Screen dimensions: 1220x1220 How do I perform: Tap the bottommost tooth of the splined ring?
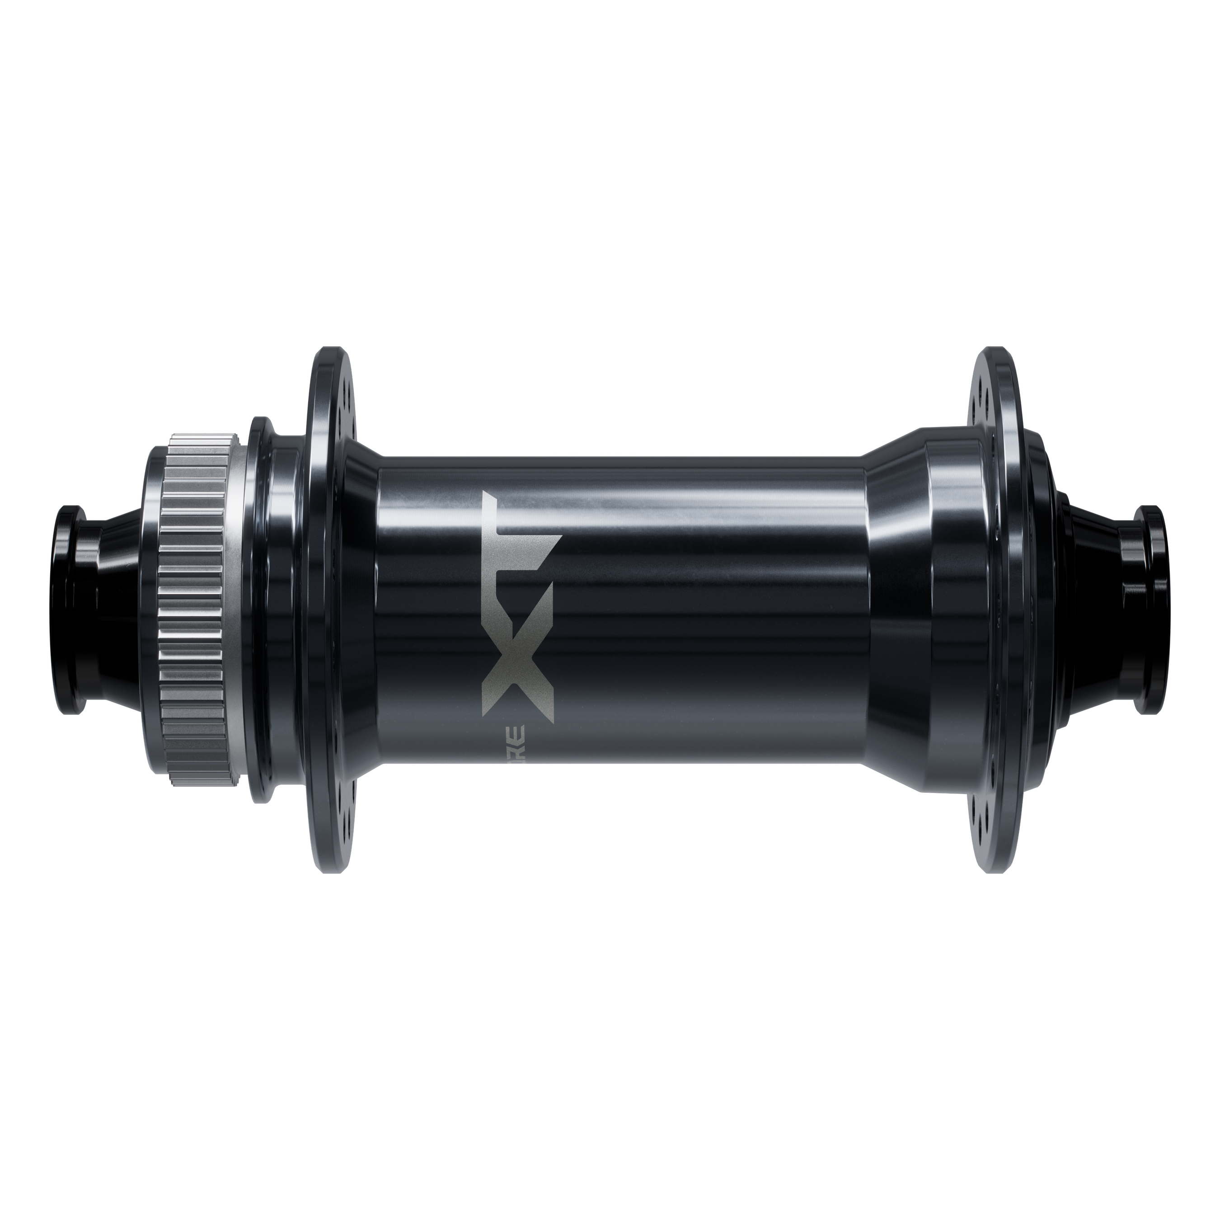pyautogui.click(x=192, y=777)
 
